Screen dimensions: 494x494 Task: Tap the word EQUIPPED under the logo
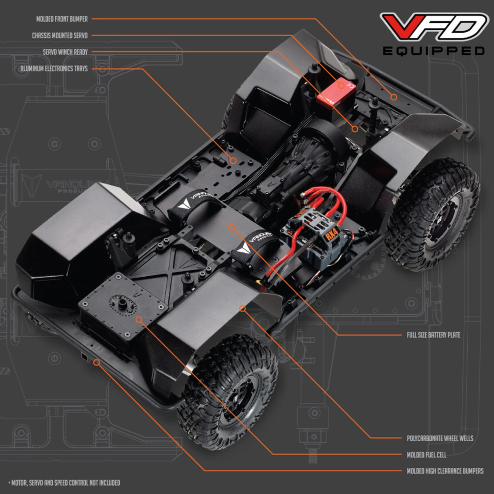coord(433,51)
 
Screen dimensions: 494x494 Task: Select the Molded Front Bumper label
coord(62,19)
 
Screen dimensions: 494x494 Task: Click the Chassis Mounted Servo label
coord(60,36)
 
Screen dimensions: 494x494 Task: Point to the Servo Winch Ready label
coord(65,52)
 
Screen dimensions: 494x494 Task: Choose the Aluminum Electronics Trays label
coord(54,69)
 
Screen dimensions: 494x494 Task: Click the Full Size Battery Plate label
coord(433,335)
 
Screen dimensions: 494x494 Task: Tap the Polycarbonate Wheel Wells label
coord(440,438)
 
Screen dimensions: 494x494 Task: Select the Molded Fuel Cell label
coord(426,455)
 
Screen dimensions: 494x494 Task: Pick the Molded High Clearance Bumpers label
coord(445,471)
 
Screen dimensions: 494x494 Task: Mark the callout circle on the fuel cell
coord(139,319)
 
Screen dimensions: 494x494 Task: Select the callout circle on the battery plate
coord(232,227)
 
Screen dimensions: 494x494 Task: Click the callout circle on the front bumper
coord(394,97)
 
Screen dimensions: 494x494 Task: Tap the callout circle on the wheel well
coord(242,308)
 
